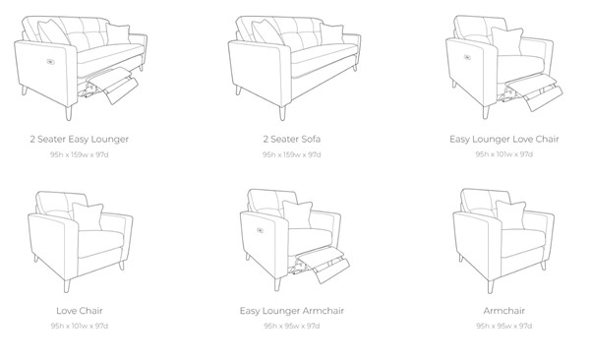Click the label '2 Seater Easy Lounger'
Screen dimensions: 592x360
coord(80,140)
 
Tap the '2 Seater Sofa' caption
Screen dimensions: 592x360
coord(292,139)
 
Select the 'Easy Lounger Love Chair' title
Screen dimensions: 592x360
coord(504,140)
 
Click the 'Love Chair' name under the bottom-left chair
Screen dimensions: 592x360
coord(80,311)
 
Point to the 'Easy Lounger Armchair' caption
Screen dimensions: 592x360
coord(292,311)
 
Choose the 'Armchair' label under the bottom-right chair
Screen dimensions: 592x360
coord(504,311)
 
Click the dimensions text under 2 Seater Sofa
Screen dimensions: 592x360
coord(292,154)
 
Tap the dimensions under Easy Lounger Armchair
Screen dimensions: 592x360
coord(292,326)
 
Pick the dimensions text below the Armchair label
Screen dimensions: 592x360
coord(504,326)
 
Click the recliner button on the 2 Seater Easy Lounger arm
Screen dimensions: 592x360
coord(50,62)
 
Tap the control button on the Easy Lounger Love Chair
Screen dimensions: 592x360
coord(467,57)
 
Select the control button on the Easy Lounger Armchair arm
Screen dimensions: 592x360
coord(261,230)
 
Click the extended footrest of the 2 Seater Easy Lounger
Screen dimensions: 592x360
coord(113,85)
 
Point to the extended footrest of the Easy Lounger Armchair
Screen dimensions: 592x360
coord(324,264)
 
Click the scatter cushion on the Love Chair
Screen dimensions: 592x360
coord(88,216)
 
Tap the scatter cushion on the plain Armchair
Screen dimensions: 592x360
coord(510,214)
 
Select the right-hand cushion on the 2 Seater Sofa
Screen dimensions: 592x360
coord(331,34)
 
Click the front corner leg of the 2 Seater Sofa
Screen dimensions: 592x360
coord(282,112)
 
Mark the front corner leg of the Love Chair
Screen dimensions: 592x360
coord(67,286)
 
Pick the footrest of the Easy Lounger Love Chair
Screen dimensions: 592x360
coord(534,91)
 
